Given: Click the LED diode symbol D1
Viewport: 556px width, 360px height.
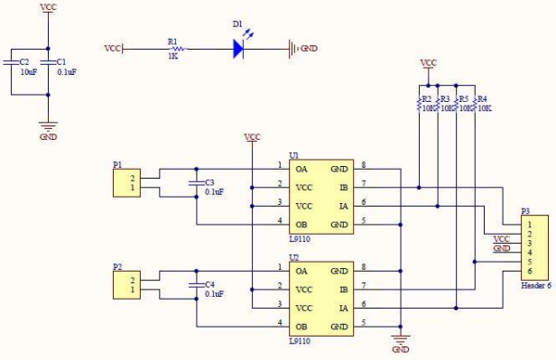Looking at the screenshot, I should coord(239,48).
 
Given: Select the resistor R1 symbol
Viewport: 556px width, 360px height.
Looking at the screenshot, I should coord(172,48).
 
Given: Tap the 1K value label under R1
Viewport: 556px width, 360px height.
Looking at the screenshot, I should coord(172,57).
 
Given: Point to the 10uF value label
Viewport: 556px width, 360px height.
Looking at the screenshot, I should coord(28,71).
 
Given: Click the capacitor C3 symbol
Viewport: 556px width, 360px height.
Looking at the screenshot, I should coord(196,183).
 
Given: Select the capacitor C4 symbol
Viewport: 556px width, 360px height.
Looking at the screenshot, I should coord(196,285).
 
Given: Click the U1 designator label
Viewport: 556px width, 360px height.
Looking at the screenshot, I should coord(293,154).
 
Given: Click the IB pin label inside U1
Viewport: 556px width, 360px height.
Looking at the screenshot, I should coord(343,188).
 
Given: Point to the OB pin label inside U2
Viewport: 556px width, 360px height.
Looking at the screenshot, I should coord(303,326).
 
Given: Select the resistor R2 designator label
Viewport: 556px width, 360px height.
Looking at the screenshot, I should coord(428,98).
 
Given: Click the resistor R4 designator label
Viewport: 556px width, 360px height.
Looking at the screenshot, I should coord(482,98).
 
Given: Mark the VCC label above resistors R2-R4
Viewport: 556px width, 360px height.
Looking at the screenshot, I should coord(429,63).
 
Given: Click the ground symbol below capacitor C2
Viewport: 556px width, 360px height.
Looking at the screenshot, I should coord(48,127).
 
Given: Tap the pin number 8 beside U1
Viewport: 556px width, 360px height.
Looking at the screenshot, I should coord(363,165).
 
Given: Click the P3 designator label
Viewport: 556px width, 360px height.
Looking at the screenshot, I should coord(525,211).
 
